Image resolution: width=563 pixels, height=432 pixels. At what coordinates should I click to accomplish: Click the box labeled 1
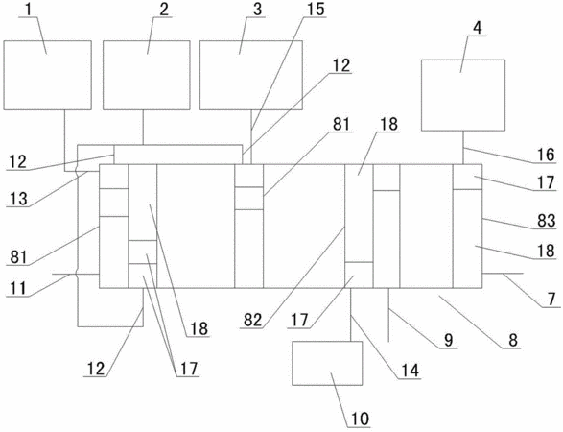[47, 75]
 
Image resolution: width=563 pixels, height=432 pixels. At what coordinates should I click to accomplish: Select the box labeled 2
[147, 75]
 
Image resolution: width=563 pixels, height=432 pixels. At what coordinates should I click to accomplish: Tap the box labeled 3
[251, 75]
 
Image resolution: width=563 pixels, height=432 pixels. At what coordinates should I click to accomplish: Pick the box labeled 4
[463, 95]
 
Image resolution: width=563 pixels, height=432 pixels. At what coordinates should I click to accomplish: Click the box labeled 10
[327, 363]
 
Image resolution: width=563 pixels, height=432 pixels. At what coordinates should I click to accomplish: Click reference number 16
[546, 155]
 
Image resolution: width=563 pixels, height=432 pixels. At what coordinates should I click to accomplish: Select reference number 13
[17, 199]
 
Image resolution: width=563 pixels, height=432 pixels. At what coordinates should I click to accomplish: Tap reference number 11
[16, 288]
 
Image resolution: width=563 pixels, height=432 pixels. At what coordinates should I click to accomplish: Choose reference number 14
[410, 371]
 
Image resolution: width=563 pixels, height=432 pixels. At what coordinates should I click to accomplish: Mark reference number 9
[449, 341]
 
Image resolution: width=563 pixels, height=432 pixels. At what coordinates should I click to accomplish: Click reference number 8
[513, 341]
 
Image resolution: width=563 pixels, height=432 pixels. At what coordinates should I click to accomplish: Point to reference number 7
[551, 299]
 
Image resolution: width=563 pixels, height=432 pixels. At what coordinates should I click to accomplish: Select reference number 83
[546, 220]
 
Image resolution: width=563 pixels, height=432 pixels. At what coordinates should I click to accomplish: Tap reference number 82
[253, 320]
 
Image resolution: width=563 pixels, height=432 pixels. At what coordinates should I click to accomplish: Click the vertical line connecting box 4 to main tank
[463, 148]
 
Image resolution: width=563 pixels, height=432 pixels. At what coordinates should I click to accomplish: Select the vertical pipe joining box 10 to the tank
[351, 315]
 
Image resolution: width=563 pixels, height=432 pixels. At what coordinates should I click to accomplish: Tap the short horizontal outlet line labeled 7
[503, 274]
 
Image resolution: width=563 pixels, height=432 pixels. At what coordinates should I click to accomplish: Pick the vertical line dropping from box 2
[143, 128]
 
